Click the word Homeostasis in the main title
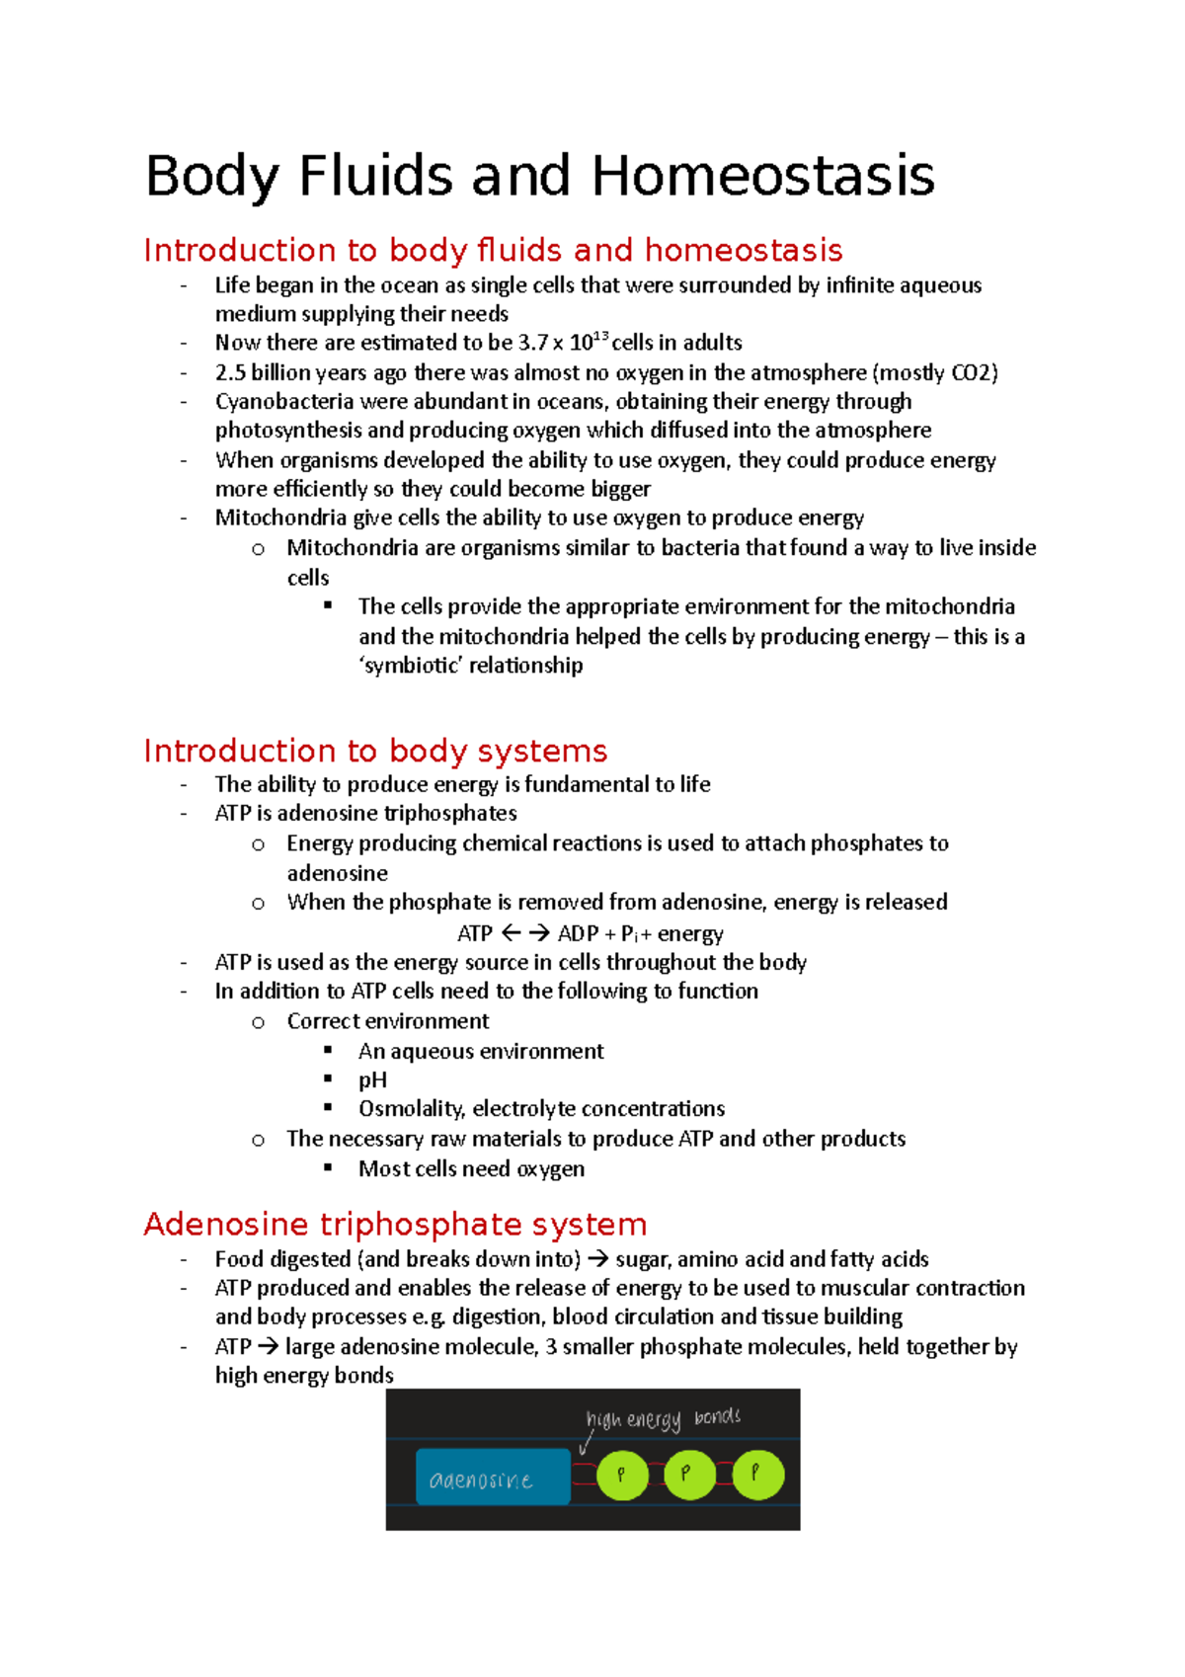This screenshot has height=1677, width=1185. point(762,177)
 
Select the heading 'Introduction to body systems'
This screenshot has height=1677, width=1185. point(375,752)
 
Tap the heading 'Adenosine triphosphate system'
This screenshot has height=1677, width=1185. point(395,1225)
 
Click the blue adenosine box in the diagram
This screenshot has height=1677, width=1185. point(493,1477)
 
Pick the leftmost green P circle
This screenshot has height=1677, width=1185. point(622,1475)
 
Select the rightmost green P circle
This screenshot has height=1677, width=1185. point(757,1475)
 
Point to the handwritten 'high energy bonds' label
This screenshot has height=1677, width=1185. point(663,1418)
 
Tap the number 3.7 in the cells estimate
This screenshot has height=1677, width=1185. point(532,344)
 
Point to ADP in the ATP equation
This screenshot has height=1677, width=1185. point(578,934)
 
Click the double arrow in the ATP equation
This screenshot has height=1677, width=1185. point(525,933)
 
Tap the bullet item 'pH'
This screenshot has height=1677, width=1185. point(372,1080)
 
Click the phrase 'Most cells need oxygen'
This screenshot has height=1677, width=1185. point(471,1169)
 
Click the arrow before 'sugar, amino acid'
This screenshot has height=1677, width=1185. point(597,1259)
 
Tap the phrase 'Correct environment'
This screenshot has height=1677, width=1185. point(388,1021)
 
